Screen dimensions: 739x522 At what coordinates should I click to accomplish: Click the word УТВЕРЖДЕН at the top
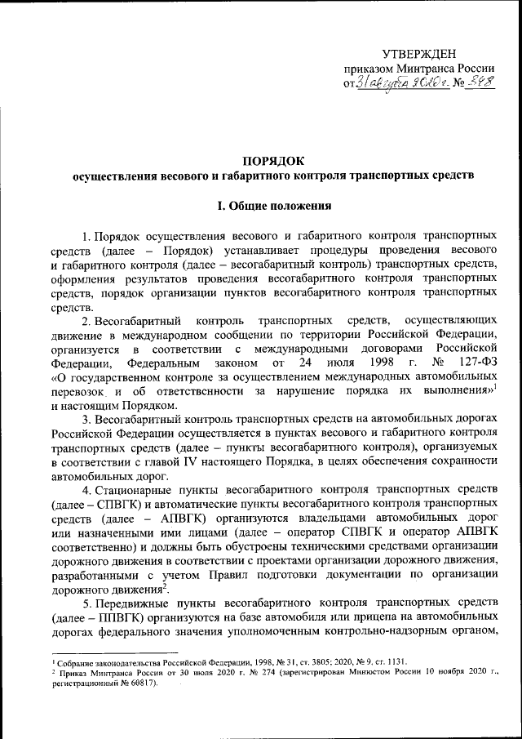click(x=423, y=52)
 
